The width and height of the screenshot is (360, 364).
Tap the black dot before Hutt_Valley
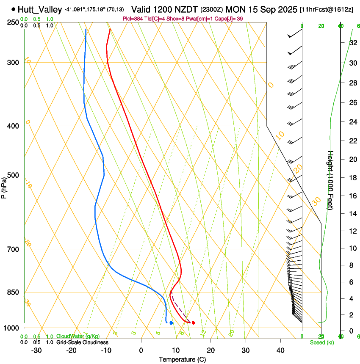point(14,9)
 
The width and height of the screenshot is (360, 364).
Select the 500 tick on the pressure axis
point(14,175)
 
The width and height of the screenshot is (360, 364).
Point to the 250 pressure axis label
point(14,22)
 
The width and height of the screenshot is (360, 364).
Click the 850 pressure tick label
point(14,292)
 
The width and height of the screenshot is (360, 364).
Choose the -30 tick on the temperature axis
point(36,350)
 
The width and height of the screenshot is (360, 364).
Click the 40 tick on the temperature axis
point(280,350)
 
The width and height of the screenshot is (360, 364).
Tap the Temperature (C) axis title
point(182,359)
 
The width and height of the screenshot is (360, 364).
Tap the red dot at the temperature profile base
point(193,323)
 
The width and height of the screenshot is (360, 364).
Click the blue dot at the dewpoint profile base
point(171,323)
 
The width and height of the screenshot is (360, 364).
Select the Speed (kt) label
point(321,342)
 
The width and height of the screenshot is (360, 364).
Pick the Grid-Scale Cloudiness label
point(82,342)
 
